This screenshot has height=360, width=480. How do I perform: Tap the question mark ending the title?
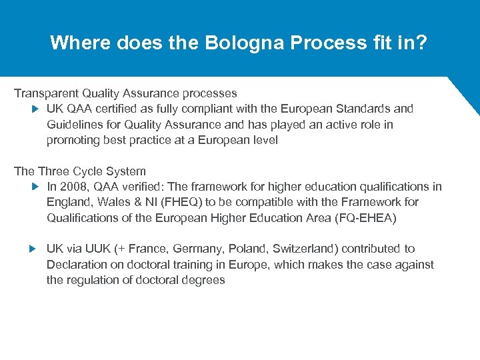[423, 43]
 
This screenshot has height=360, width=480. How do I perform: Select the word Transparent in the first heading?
[45, 93]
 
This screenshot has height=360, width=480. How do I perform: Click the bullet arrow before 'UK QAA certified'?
[35, 109]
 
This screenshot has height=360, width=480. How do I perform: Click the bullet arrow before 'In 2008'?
[35, 187]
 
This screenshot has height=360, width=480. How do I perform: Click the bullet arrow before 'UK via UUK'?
[35, 249]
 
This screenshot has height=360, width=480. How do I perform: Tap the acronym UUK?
[98, 249]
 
